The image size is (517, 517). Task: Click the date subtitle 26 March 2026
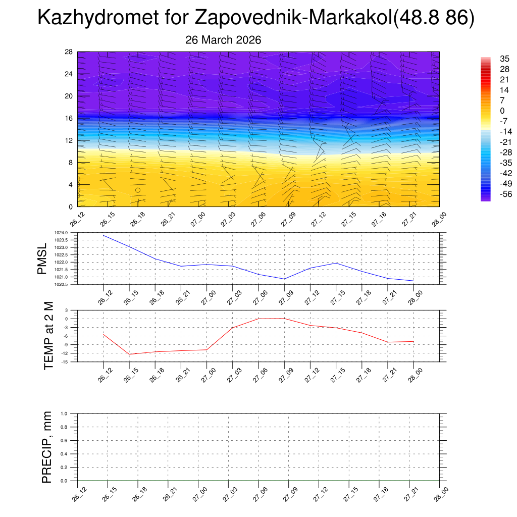223,40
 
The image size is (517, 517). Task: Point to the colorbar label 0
502,111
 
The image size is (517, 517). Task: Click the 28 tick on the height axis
69,52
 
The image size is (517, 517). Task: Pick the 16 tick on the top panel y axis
69,118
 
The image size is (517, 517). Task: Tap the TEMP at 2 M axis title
48,335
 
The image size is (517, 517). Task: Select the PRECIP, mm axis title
47,447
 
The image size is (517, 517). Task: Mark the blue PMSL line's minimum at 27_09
284,279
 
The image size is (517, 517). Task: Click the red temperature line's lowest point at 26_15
129,354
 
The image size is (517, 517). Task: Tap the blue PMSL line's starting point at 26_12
104,235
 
